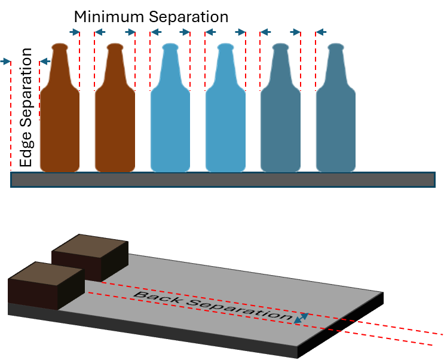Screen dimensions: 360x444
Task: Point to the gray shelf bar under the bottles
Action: [222, 179]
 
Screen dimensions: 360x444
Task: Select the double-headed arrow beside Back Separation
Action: [301, 318]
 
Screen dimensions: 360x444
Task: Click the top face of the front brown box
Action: [45, 274]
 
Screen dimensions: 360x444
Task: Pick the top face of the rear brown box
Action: [90, 246]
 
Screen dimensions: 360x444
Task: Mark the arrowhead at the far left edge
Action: [7, 61]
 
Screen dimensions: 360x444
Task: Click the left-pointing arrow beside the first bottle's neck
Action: [44, 61]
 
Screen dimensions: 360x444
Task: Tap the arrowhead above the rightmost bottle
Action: [321, 32]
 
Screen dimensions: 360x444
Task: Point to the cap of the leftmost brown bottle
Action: [60, 45]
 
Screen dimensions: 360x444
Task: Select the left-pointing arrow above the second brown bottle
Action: [100, 32]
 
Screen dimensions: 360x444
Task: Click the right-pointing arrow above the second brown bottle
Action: [130, 32]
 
